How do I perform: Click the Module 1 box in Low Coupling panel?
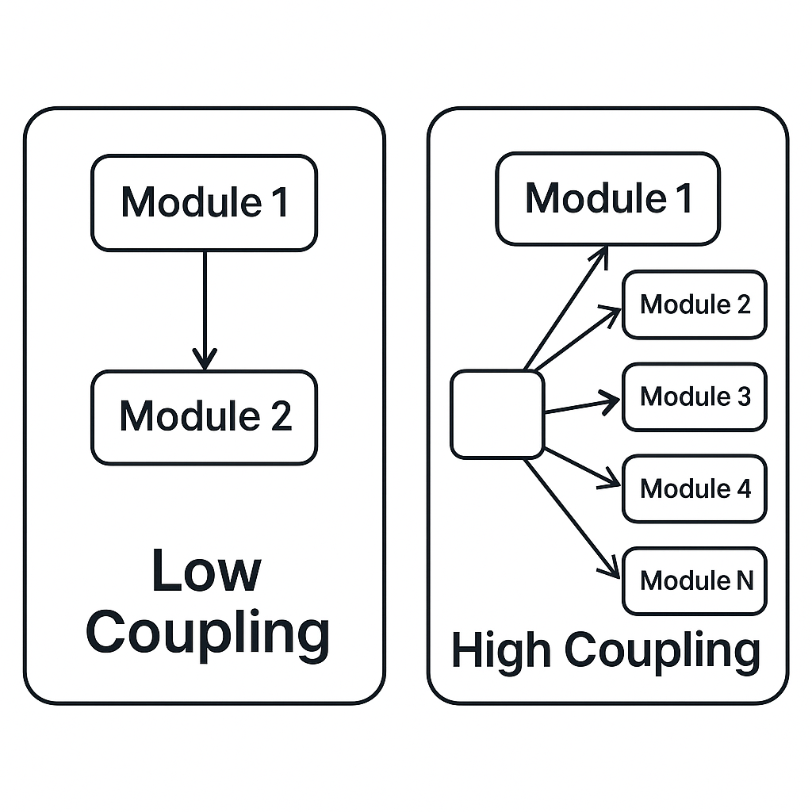coord(204,203)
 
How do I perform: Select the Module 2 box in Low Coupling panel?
coord(204,417)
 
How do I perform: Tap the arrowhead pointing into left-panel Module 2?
coord(205,361)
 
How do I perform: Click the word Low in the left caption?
coord(205,571)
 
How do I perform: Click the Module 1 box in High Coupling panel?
coord(607,198)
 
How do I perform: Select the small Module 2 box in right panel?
coord(694,304)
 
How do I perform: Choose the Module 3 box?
coord(694,396)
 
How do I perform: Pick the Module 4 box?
coord(694,488)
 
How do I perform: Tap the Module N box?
coord(694,580)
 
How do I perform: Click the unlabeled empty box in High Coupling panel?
coord(497,415)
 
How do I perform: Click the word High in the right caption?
coord(501,651)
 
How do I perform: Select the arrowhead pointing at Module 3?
coord(611,402)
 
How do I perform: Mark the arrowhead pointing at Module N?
coord(611,570)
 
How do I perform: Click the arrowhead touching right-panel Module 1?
coord(601,255)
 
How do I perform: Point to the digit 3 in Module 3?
coord(743,396)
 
